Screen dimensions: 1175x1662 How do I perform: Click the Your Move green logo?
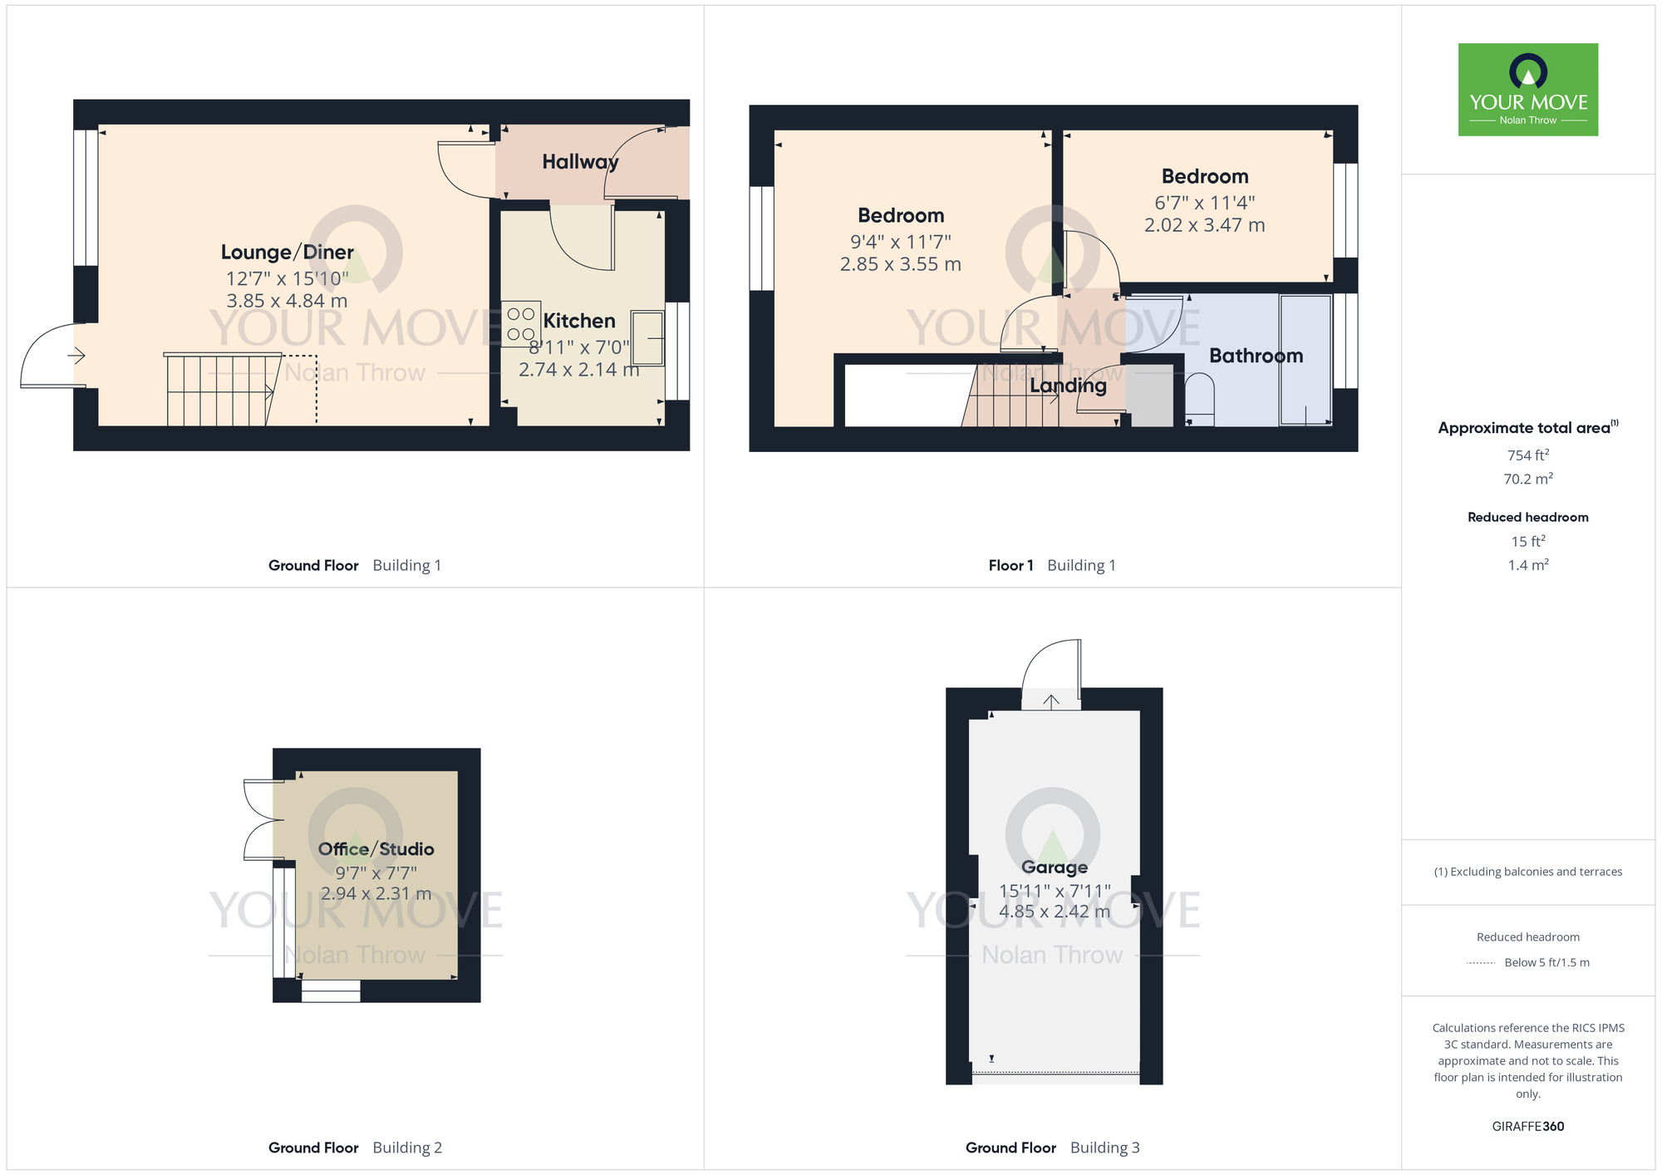(x=1527, y=90)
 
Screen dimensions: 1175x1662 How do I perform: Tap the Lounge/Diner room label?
(x=287, y=252)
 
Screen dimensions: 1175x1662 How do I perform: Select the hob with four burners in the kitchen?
(x=521, y=324)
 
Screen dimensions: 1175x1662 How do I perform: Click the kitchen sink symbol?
(x=647, y=338)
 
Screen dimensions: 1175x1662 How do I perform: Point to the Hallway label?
(x=580, y=162)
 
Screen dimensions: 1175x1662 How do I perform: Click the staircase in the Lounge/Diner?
(x=221, y=390)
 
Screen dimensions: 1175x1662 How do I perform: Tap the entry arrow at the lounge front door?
(x=76, y=356)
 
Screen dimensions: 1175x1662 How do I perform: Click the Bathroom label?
(x=1255, y=356)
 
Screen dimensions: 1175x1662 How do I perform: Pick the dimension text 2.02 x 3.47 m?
(x=1204, y=225)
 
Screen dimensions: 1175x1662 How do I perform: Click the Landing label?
(x=1068, y=386)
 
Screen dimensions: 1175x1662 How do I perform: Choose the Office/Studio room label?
(x=376, y=848)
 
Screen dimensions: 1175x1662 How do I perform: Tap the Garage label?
(x=1054, y=867)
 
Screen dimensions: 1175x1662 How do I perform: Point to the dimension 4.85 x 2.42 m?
(x=1054, y=912)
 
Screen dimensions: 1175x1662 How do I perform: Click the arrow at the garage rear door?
(x=1051, y=701)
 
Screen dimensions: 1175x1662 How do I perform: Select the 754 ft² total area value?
(x=1527, y=455)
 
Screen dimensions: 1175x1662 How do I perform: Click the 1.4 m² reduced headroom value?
(x=1527, y=565)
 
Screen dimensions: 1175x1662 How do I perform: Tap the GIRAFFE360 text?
(x=1527, y=1126)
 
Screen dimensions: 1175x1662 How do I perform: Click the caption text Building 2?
(x=407, y=1148)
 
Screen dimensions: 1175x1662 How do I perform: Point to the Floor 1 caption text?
(x=1010, y=565)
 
